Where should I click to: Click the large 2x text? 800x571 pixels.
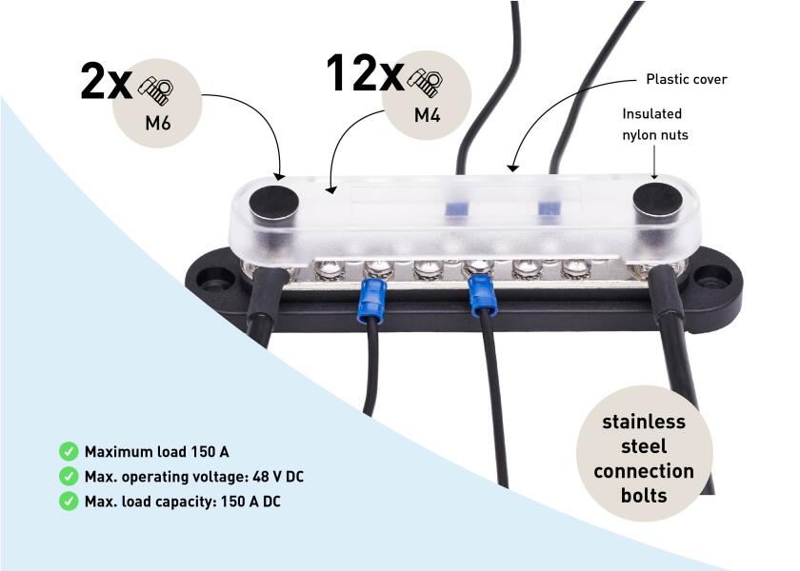[105, 84]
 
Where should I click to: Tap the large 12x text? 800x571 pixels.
[364, 73]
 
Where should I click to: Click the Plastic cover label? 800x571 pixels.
[686, 79]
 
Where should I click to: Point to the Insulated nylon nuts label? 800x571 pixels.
[654, 125]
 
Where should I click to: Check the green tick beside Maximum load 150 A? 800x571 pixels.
[69, 451]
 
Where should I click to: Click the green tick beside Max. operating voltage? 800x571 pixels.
[69, 476]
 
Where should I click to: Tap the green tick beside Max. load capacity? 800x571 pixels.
[69, 501]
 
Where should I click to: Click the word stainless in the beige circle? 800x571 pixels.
[644, 422]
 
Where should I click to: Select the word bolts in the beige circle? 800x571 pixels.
[644, 496]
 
